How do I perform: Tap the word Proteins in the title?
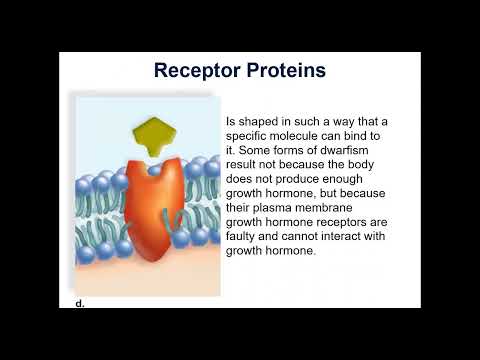[284, 71]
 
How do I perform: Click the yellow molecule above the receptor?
[154, 134]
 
